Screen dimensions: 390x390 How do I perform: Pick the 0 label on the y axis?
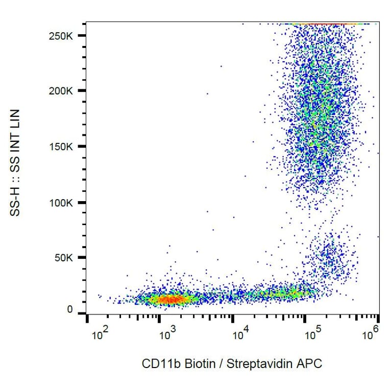coord(70,310)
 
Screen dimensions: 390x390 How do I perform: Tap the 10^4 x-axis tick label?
coord(240,335)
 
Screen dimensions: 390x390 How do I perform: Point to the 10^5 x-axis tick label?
coord(312,335)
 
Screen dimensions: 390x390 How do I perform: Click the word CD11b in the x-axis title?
coord(156,364)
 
